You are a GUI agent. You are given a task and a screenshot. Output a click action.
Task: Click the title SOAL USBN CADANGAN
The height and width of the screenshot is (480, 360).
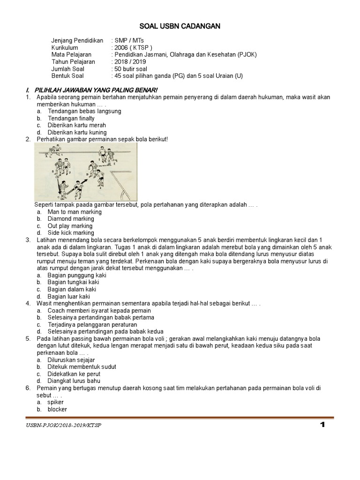coord(180,27)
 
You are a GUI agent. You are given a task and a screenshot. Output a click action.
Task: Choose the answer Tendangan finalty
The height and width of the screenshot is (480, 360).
coord(71,119)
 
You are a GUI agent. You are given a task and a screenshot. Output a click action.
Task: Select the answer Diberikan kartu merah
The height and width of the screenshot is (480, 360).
coord(76,126)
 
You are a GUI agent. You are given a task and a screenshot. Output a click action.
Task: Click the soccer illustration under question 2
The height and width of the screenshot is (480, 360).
coord(86,172)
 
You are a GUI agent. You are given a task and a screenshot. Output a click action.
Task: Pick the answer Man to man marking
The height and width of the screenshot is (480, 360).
coord(75,212)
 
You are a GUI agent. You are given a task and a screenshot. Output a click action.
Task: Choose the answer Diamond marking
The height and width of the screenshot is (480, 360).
coord(71,219)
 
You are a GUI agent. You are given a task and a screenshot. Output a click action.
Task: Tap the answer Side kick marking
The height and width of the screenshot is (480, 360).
coord(71,233)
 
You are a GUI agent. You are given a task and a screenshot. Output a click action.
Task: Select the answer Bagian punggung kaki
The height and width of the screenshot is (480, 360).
coord(77,276)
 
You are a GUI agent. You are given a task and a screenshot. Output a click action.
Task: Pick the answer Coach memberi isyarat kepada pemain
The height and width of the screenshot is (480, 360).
coord(99,311)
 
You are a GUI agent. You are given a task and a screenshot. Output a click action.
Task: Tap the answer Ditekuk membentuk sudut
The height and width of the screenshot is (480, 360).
coord(82,367)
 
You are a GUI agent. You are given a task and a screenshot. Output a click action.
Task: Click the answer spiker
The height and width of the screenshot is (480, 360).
coord(55,402)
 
